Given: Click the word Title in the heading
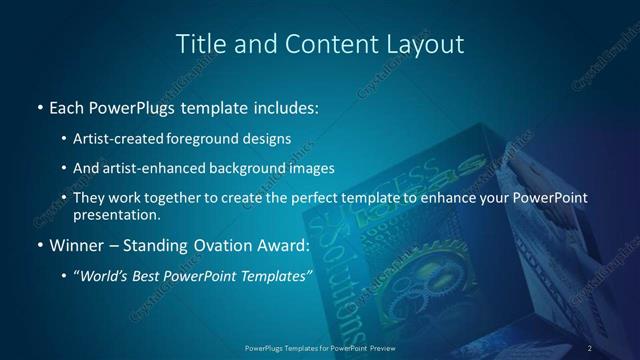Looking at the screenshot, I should click(201, 44).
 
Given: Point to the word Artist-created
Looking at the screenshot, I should click(126, 138).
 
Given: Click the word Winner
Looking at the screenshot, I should click(77, 245).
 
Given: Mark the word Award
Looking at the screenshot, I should click(288, 245).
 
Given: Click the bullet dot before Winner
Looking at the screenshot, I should click(38, 245).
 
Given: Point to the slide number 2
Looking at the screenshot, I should click(590, 347).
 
